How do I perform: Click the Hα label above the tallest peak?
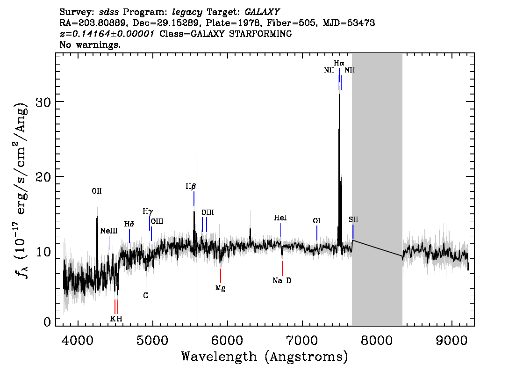339,63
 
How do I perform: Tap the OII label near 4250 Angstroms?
97,191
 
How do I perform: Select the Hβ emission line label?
191,186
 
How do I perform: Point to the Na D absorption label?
282,281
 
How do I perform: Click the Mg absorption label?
221,288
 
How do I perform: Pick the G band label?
146,295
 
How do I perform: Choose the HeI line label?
280,218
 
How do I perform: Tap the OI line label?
316,221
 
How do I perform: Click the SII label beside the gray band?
353,219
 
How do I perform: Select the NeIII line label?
109,231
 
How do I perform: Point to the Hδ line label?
129,224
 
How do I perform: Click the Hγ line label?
148,211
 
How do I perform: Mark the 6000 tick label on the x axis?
228,340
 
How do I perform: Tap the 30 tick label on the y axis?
43,102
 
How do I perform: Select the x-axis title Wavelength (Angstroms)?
265,357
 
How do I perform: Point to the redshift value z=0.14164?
107,34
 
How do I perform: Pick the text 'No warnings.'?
90,44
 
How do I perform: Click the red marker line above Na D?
282,269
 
